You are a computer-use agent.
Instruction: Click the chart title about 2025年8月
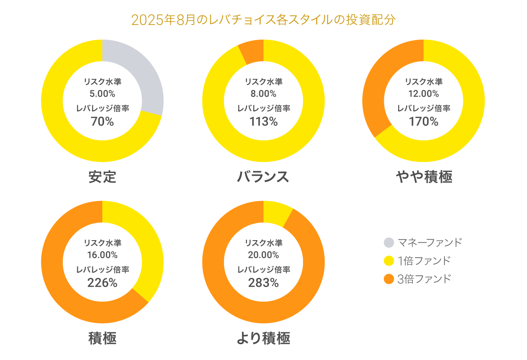tap(263, 20)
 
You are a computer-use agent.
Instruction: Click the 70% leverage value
tap(102, 122)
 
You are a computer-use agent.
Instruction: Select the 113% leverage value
tap(263, 122)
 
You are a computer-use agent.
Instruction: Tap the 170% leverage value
tap(424, 122)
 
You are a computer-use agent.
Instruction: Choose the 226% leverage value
tap(102, 283)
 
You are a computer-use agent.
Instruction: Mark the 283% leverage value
tap(263, 283)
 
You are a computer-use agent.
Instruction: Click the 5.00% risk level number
tap(102, 94)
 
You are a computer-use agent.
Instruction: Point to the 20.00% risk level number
tap(263, 255)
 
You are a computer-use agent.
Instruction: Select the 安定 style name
tap(102, 176)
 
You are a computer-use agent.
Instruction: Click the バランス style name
tap(263, 176)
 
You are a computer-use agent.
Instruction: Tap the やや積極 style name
tap(424, 176)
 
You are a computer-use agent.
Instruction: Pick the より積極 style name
tap(263, 338)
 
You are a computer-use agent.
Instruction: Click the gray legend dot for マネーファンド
tap(389, 242)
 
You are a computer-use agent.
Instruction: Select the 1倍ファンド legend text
tap(424, 261)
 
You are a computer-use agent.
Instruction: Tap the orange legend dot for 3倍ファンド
tap(389, 279)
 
